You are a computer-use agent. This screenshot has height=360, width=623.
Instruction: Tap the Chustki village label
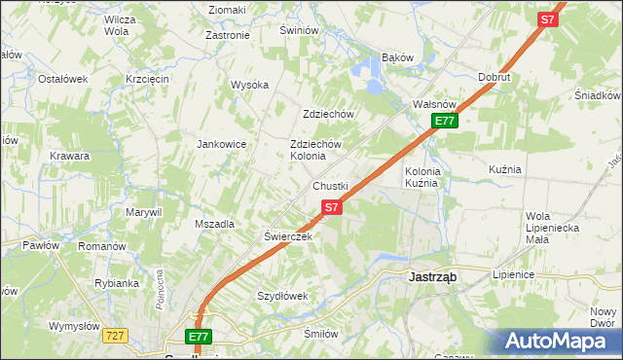tap(330, 185)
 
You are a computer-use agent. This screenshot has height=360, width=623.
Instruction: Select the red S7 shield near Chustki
tap(331, 207)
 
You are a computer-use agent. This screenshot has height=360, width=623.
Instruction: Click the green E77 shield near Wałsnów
tap(445, 121)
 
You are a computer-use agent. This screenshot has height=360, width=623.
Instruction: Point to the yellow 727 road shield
tap(115, 335)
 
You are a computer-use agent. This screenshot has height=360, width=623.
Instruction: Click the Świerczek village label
tap(287, 236)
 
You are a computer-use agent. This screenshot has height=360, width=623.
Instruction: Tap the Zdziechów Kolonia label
tap(315, 150)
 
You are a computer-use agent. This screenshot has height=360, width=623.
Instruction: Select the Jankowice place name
tap(222, 144)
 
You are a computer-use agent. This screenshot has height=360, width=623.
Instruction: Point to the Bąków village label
tap(398, 57)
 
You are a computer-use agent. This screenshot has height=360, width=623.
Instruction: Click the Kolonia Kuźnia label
tap(423, 176)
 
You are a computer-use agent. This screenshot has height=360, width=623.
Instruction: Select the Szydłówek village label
tap(282, 295)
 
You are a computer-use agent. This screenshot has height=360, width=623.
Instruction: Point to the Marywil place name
tap(142, 211)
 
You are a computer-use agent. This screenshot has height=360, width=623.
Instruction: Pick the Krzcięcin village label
tap(148, 78)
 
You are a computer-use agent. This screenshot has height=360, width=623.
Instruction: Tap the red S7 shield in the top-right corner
tap(548, 18)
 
